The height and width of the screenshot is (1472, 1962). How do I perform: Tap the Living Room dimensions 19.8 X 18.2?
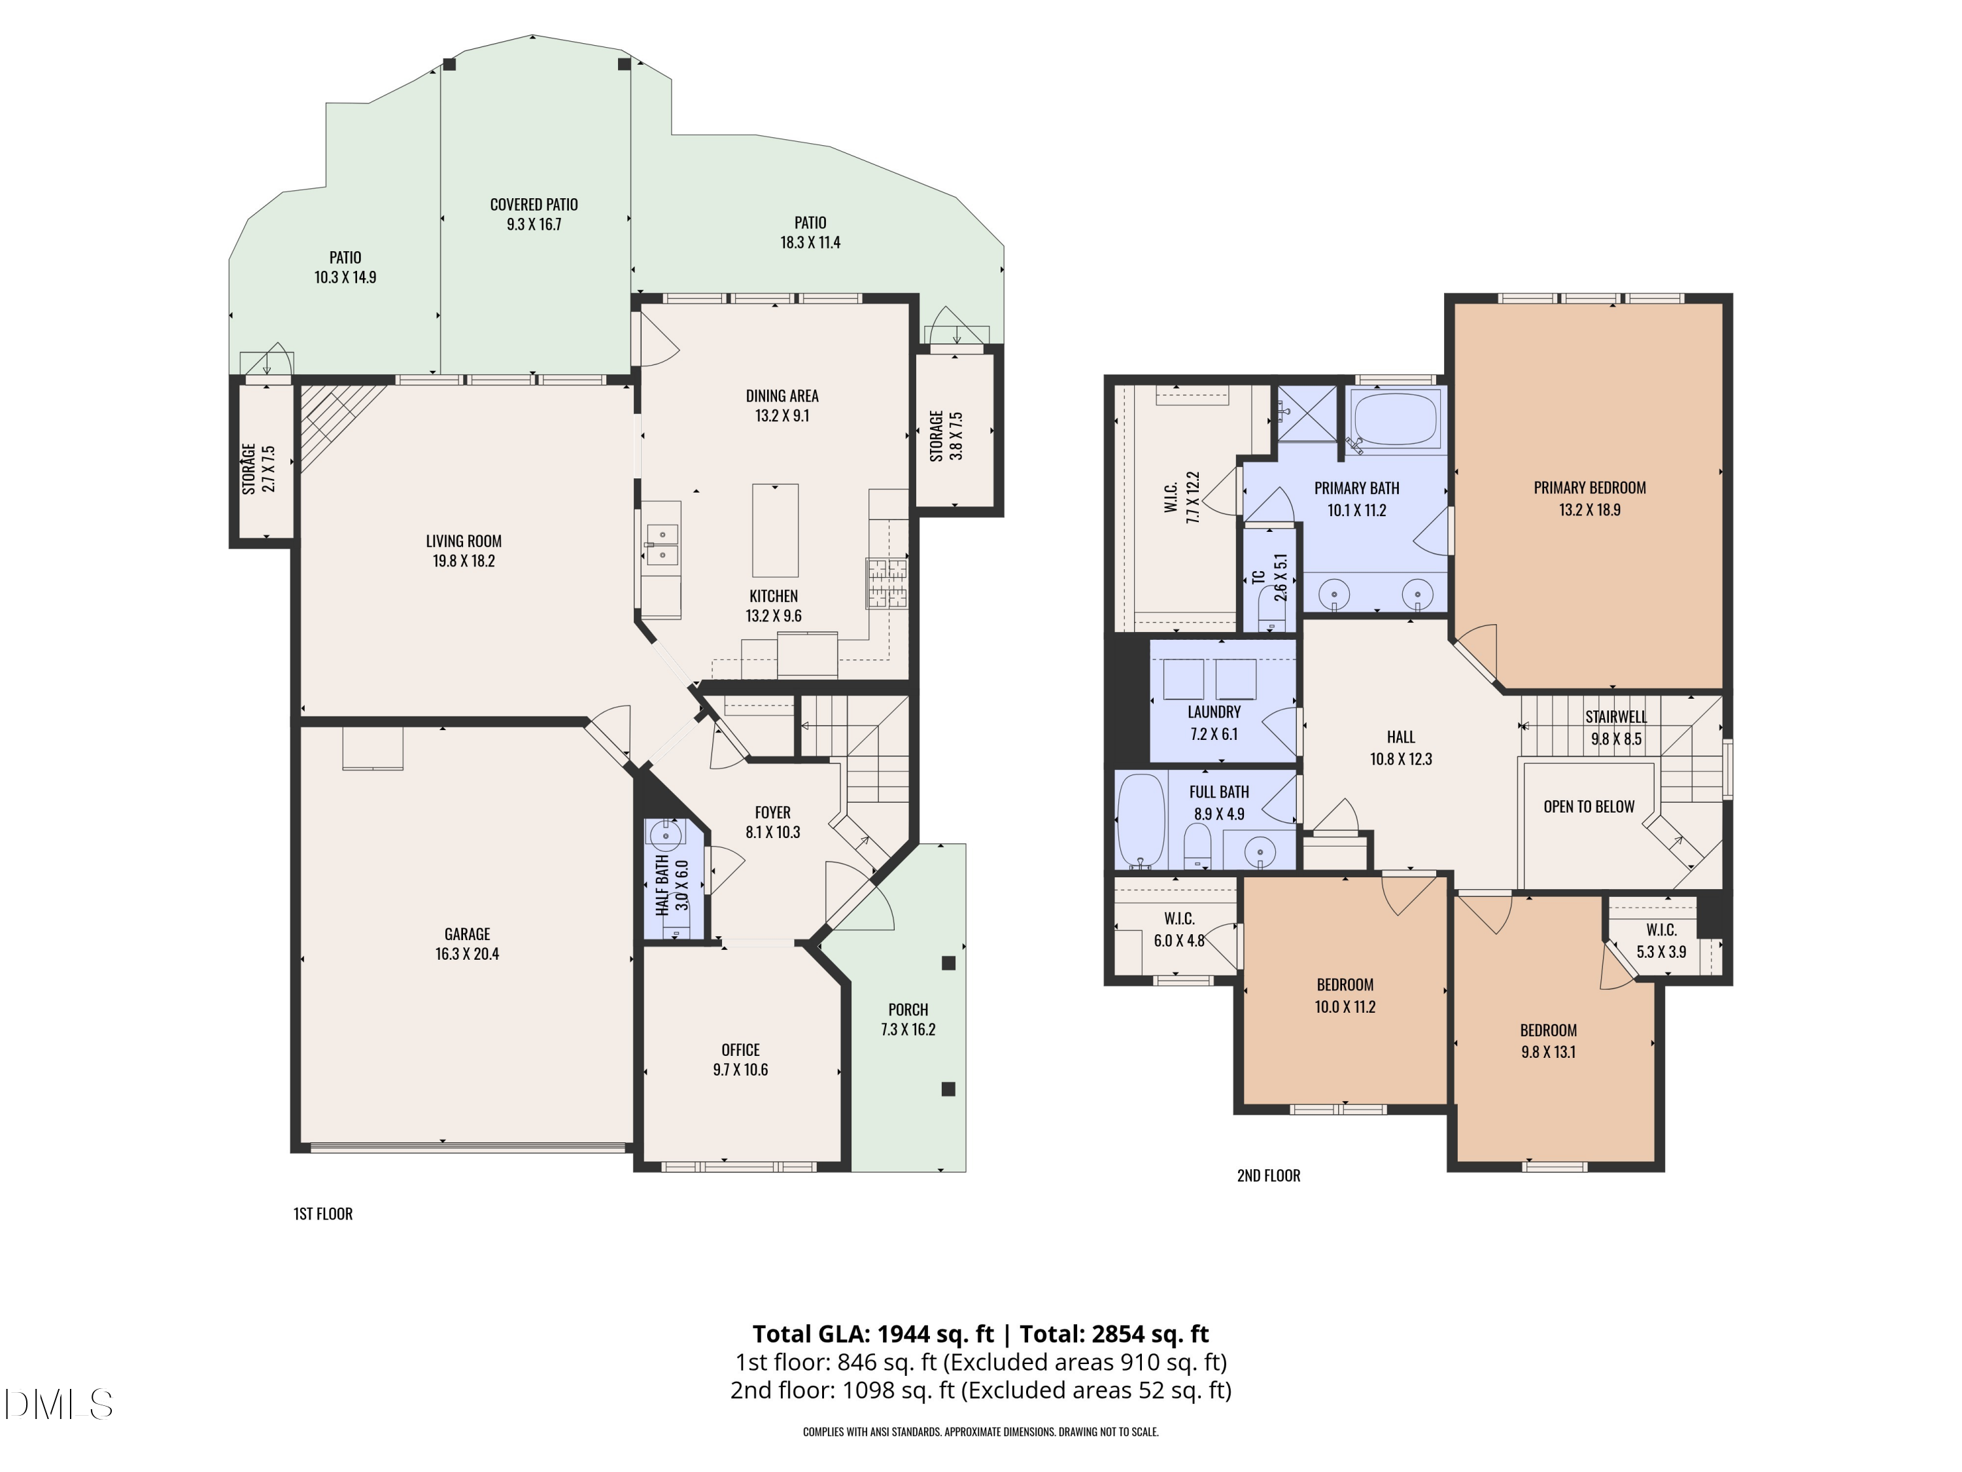click(x=463, y=561)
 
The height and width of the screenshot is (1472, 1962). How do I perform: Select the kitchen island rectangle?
click(x=774, y=531)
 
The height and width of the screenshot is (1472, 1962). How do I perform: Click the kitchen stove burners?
click(x=887, y=583)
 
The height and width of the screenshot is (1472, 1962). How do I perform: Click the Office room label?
click(x=740, y=1049)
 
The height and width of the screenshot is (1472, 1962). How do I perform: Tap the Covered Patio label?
click(x=533, y=204)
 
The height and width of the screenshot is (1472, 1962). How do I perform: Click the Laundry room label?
click(x=1213, y=712)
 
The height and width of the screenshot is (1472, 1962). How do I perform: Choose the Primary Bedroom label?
click(x=1589, y=487)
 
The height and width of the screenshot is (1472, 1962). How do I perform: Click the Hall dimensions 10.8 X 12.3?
click(x=1401, y=759)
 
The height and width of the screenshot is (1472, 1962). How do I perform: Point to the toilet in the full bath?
click(x=1197, y=845)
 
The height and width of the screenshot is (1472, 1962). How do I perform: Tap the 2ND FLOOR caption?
click(x=1267, y=1176)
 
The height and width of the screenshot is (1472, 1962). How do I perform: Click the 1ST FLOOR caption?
click(x=323, y=1214)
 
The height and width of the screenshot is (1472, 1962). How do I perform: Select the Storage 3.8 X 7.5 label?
click(x=946, y=435)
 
